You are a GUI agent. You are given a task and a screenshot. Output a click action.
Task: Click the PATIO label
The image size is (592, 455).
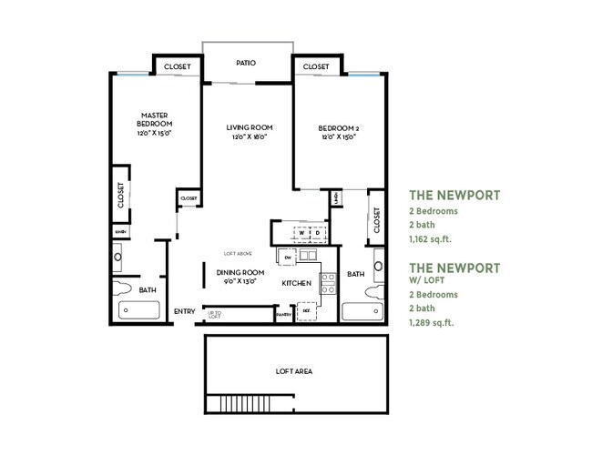point(246,64)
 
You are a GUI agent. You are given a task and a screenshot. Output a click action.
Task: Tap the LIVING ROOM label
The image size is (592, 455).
point(250,127)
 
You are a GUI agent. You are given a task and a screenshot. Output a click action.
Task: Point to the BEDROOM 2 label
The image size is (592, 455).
point(338,127)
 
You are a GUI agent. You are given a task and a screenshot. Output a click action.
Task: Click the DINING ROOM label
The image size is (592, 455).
point(240,273)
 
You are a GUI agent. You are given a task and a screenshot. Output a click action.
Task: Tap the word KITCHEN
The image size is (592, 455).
point(297,284)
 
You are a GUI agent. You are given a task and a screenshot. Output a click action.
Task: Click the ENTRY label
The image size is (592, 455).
point(184,312)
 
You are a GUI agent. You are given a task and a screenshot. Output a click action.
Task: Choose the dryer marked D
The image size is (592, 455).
point(313,234)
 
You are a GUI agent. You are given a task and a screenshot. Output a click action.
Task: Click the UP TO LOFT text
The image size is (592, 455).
point(215,315)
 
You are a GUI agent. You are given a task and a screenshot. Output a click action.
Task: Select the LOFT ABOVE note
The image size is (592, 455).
point(236,253)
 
